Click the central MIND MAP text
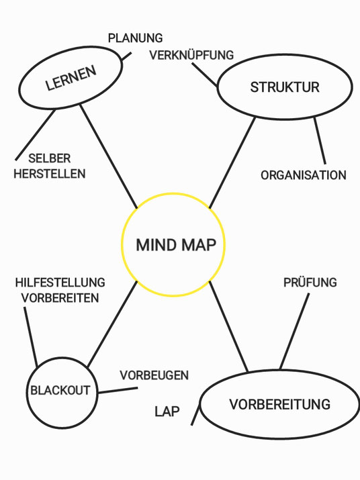click(x=176, y=245)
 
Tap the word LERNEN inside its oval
click(x=71, y=78)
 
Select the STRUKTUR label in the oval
click(x=285, y=87)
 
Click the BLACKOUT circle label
click(x=60, y=390)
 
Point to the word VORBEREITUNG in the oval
click(x=279, y=404)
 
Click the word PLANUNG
click(x=135, y=38)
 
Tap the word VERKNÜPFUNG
click(x=191, y=55)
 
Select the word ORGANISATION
click(x=304, y=175)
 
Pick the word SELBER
click(x=50, y=158)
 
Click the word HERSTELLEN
click(x=50, y=174)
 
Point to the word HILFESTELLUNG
click(x=60, y=283)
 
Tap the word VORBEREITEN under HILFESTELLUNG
click(x=60, y=298)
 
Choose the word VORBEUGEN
click(x=154, y=375)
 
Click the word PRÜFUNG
click(x=310, y=282)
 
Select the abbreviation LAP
click(x=167, y=412)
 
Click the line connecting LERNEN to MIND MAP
click(x=109, y=156)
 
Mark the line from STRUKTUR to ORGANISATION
click(x=320, y=140)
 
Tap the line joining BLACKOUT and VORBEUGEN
click(x=118, y=390)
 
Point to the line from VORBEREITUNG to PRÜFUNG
click(x=294, y=331)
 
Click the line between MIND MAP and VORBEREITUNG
click(x=228, y=326)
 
